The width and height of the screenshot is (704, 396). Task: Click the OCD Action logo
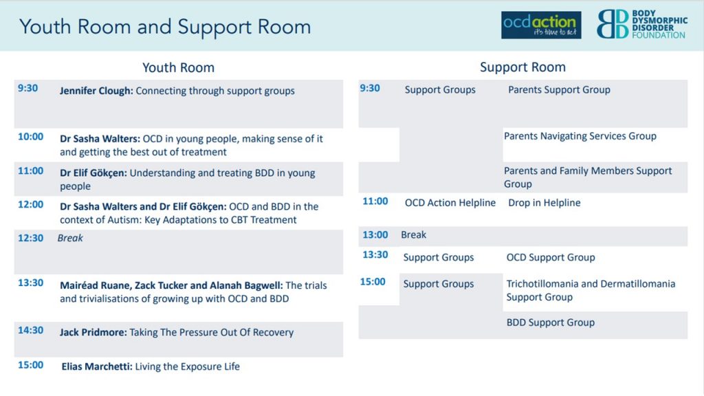(541, 25)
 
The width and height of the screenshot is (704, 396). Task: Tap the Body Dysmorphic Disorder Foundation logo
(641, 24)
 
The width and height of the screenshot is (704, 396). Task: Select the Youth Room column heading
(178, 68)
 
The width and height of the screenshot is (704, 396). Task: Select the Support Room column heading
(522, 67)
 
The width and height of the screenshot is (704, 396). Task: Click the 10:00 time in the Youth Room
(30, 137)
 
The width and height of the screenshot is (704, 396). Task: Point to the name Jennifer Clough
(96, 91)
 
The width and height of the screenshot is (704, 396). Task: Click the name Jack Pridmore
(93, 332)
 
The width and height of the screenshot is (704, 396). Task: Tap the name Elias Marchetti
(97, 366)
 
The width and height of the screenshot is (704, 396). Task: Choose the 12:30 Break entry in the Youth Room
(70, 238)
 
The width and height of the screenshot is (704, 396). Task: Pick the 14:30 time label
(30, 331)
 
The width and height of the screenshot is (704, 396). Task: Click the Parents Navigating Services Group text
(580, 136)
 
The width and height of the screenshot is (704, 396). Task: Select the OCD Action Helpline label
(450, 203)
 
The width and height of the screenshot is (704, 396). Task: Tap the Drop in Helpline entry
(544, 203)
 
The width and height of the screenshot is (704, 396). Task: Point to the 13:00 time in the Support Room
(375, 235)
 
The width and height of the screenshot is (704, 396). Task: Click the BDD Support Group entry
(551, 322)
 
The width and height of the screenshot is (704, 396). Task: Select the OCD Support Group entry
(551, 257)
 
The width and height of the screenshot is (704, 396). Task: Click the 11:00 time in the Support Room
(375, 201)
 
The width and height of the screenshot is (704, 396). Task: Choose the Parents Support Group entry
(559, 90)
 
